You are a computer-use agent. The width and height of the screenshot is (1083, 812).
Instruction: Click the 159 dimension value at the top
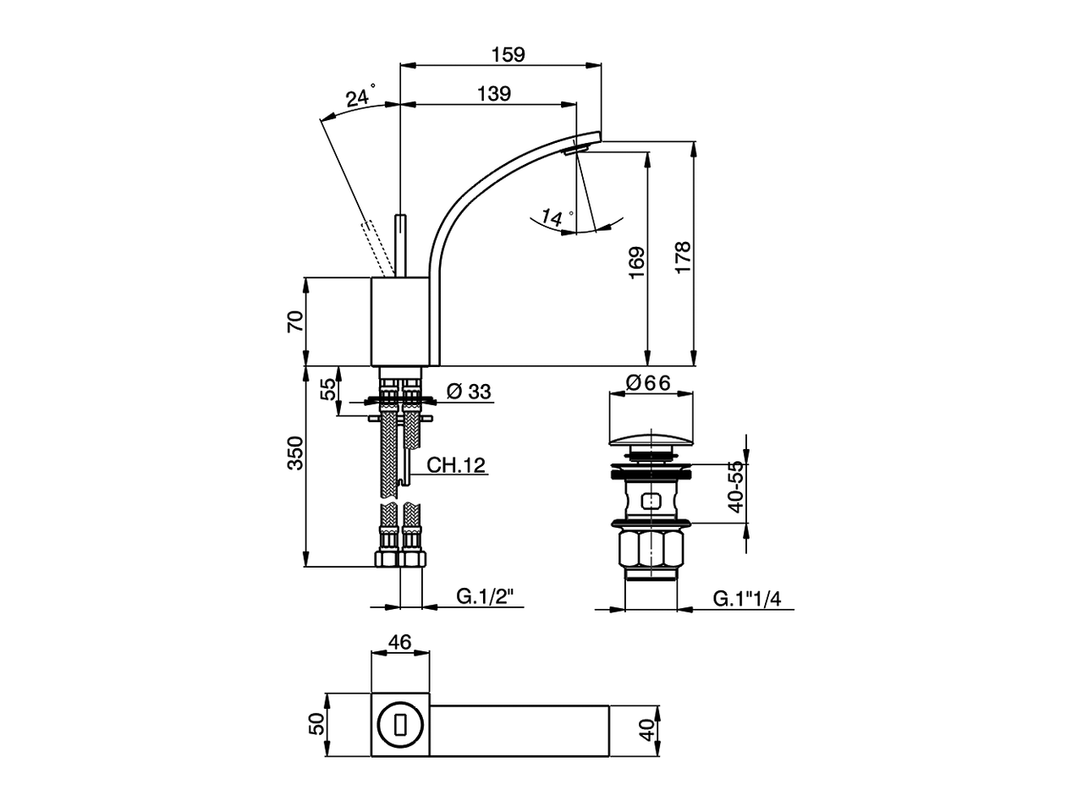(508, 55)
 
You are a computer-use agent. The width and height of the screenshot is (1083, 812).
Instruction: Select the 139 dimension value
(493, 94)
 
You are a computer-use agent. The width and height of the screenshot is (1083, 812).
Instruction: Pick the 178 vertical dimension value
(683, 255)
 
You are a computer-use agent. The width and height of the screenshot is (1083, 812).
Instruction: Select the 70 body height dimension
(295, 321)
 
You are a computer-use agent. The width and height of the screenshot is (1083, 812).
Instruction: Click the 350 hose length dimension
(295, 453)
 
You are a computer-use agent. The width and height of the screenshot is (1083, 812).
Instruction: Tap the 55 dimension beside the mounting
(327, 390)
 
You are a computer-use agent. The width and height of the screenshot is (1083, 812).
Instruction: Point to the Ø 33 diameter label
(468, 392)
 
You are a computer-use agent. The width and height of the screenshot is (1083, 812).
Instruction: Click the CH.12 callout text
(455, 464)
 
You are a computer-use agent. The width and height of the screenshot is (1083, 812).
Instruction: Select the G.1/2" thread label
(490, 597)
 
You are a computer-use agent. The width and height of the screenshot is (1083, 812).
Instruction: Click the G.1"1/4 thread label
(746, 599)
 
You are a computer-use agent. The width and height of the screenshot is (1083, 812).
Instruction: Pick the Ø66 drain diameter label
(648, 383)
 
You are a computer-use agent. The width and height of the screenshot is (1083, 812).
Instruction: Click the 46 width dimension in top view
(399, 642)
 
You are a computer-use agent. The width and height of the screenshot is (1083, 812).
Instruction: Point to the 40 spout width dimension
(647, 730)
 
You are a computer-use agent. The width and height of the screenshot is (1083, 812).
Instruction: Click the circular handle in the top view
(400, 725)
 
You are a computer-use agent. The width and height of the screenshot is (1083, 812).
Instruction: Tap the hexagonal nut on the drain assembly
(651, 549)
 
